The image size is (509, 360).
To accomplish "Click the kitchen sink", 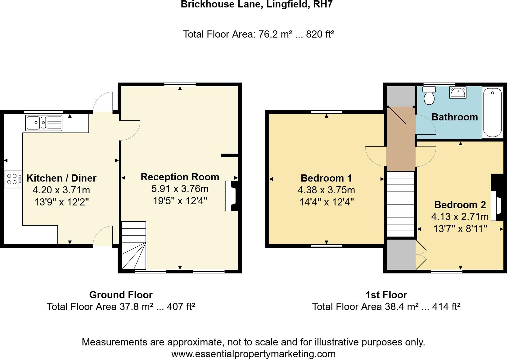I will (x=44, y=123).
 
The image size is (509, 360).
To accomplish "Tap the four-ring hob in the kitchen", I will (x=13, y=179).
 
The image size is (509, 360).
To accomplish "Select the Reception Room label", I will (x=180, y=177).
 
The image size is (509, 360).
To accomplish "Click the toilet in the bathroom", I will (x=430, y=96).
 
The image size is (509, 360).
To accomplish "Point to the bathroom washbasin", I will (x=457, y=92).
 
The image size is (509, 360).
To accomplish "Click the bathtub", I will (x=492, y=112).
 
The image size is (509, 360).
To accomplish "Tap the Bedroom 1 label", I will (x=326, y=178).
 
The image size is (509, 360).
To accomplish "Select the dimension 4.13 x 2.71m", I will (x=460, y=217).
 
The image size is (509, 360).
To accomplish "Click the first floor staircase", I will (x=401, y=204).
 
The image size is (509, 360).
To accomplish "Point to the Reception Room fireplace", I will (x=231, y=196).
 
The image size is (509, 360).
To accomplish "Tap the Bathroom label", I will (x=454, y=117).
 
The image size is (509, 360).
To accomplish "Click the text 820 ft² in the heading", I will (x=320, y=34).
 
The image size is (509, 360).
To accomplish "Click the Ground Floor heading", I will (x=121, y=295).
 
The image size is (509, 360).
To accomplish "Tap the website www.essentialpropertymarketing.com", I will (x=253, y=354).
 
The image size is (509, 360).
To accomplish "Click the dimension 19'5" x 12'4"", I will (x=180, y=201).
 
